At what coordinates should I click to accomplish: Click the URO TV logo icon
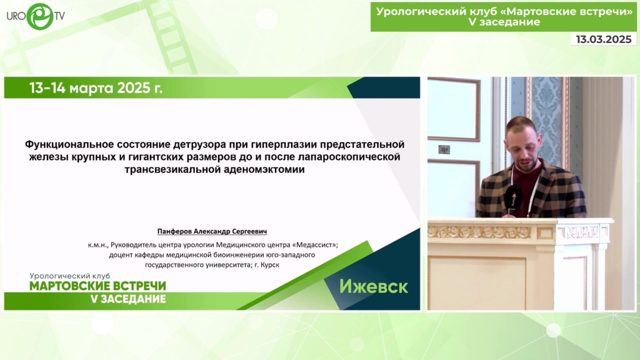coord(40,16)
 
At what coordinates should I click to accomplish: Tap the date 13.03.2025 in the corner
coord(604,39)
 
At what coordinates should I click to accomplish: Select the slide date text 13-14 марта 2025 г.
coord(96,87)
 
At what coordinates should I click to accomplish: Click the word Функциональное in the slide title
coord(69,144)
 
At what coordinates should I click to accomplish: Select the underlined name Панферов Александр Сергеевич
coord(212,231)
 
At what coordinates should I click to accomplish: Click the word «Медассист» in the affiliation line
coord(315,245)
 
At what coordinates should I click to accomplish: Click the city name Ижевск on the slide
coord(374,286)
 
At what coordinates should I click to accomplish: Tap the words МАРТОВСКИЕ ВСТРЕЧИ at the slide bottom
coord(98,286)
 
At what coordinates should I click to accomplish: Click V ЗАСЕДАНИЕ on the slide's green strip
coord(127,299)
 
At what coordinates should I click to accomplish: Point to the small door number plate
coord(444,149)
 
